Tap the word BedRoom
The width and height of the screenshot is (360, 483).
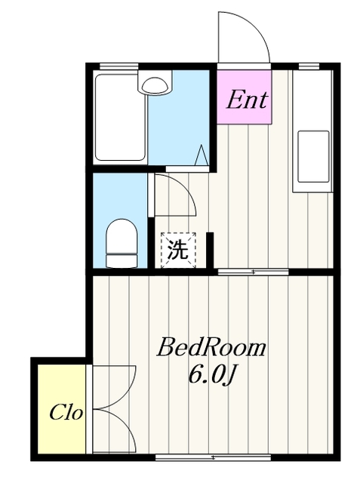tap(211, 349)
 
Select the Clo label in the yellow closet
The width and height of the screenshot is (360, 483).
tap(66, 413)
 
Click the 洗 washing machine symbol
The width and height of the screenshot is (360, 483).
tap(177, 250)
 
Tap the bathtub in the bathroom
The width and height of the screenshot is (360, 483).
tap(120, 117)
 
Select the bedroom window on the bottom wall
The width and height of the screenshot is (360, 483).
tap(213, 457)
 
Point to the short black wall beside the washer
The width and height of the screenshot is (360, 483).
tap(210, 251)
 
